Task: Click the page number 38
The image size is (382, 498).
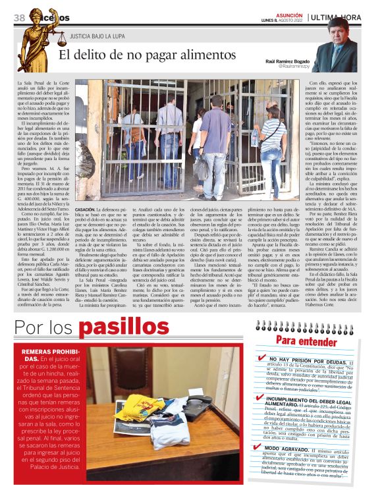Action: tap(18, 18)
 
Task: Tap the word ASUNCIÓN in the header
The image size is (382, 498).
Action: tap(290, 12)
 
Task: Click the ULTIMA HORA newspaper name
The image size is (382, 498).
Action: tap(342, 17)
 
